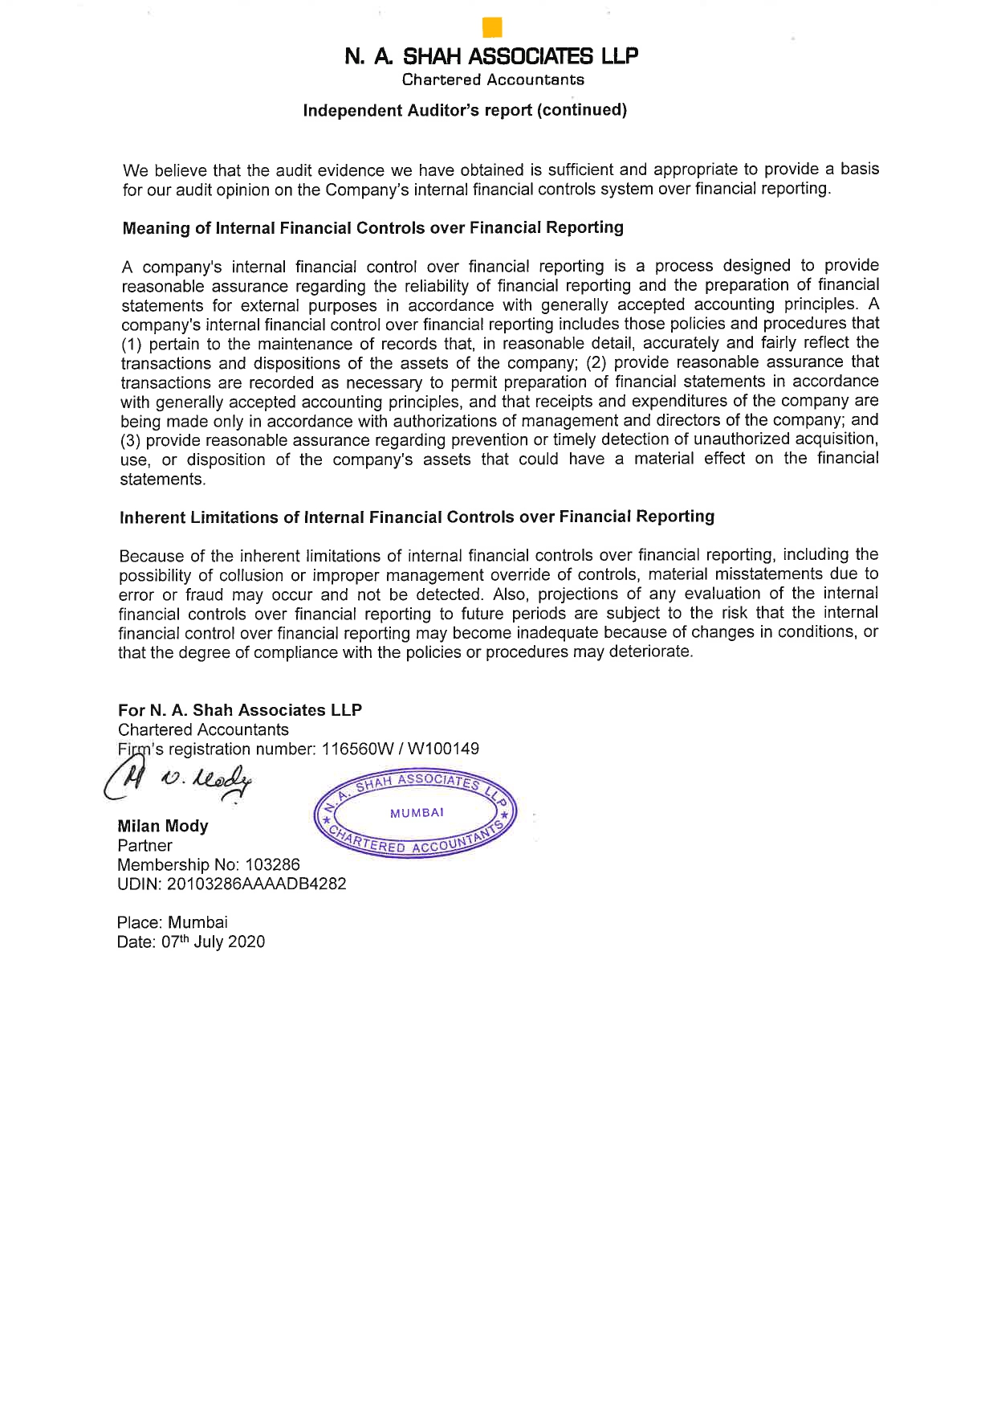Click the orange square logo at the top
tap(492, 28)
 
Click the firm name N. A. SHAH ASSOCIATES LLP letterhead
tap(492, 56)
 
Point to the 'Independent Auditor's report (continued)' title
tap(465, 110)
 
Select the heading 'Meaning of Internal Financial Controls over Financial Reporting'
tap(372, 228)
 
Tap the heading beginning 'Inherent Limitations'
tap(417, 517)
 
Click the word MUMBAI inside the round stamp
tap(417, 813)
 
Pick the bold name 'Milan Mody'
tap(163, 826)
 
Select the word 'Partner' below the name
tap(144, 846)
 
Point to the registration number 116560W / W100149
tap(400, 750)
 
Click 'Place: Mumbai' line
tap(172, 922)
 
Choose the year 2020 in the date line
tap(246, 942)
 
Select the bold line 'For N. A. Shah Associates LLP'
tap(240, 710)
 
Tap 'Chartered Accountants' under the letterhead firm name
tap(493, 80)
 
